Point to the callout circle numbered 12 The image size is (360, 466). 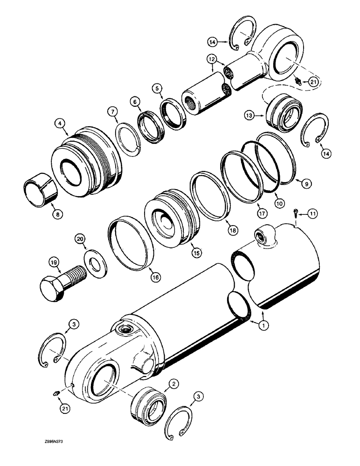[x=213, y=60]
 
